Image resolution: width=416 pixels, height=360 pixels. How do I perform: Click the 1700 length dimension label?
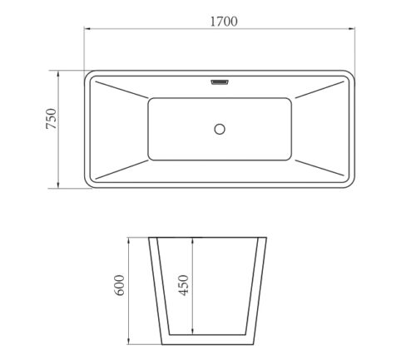[224, 22]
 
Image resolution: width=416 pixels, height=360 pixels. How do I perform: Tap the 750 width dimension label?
[51, 119]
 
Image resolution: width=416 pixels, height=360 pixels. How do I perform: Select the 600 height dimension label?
[120, 285]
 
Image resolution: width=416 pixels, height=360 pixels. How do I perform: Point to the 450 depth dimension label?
[183, 285]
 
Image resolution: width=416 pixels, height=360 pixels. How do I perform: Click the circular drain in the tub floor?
[220, 129]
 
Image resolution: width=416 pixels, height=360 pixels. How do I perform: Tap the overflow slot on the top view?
[220, 82]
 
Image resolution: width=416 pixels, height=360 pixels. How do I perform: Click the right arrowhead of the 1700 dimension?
[352, 28]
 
